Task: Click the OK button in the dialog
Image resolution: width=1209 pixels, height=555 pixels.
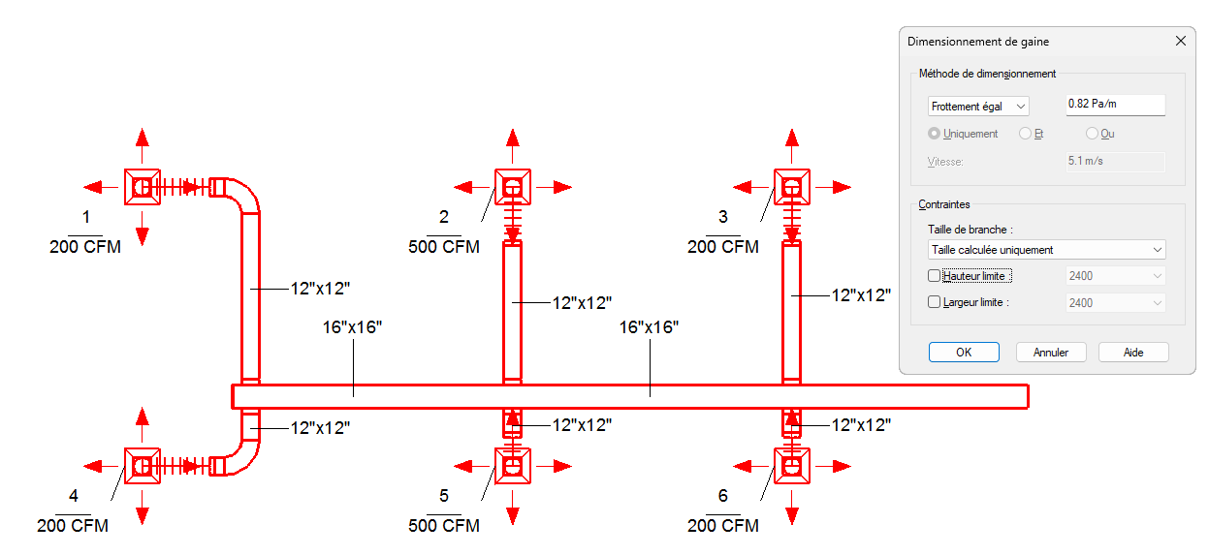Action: (964, 353)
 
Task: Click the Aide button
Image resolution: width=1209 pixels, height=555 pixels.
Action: (1133, 353)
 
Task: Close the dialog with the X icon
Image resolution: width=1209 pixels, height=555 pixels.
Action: (1181, 41)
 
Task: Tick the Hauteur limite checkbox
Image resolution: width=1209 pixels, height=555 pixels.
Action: (934, 276)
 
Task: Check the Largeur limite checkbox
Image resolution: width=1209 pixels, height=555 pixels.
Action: (934, 302)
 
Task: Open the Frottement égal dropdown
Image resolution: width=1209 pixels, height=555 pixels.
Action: (978, 107)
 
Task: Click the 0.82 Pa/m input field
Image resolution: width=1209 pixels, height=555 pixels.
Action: (1116, 104)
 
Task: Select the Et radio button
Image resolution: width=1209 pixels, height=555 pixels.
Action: (1025, 134)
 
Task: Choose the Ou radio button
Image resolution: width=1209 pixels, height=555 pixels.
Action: (1092, 134)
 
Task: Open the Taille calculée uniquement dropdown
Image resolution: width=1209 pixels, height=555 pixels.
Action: (1046, 250)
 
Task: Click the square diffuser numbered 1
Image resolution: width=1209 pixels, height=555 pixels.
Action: (143, 187)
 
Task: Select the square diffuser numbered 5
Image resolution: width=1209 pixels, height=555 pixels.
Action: (513, 466)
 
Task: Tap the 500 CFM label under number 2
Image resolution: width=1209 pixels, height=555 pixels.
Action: (444, 247)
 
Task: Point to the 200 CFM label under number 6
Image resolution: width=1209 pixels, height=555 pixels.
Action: (722, 526)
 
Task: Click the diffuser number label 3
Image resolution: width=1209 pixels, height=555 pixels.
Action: (722, 217)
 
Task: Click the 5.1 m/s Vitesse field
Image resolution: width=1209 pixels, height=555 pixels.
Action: (1116, 161)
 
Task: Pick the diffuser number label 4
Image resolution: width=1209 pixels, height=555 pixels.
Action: (74, 496)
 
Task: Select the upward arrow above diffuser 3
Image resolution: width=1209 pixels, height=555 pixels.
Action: (792, 145)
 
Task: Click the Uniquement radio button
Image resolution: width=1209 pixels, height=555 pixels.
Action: (934, 134)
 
